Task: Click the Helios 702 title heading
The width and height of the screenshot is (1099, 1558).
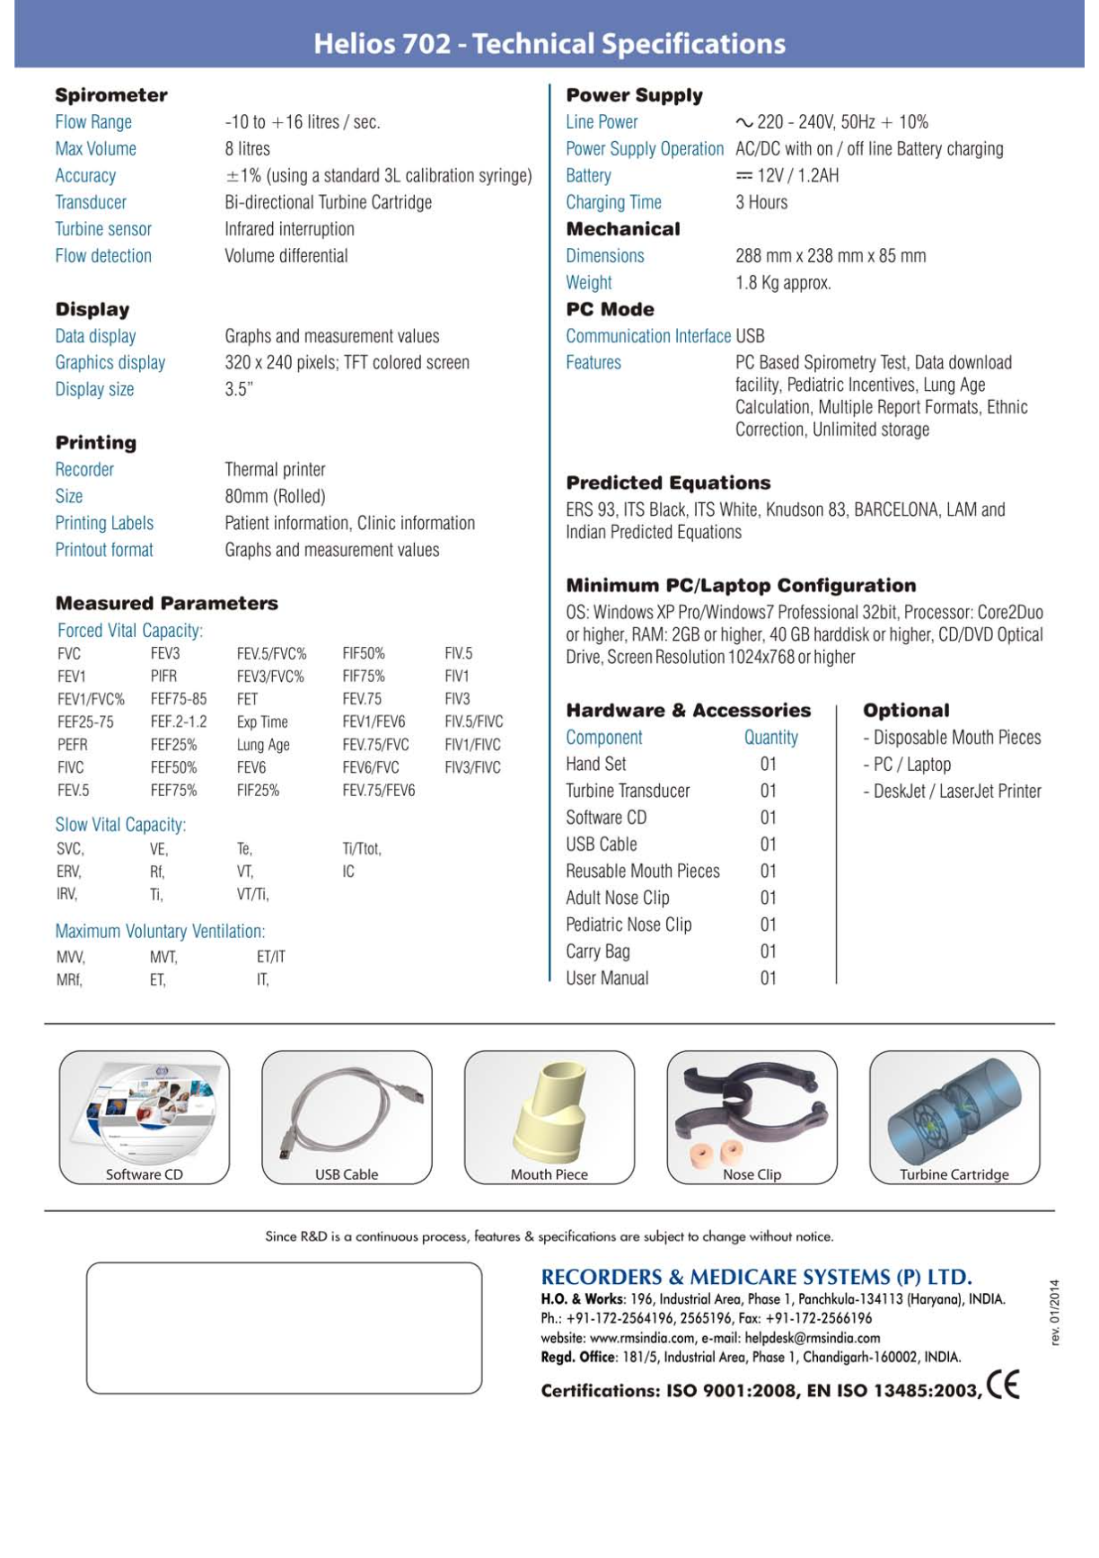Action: coord(549,43)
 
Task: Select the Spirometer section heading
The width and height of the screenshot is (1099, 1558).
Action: coord(111,95)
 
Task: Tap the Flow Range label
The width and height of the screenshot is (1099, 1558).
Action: coord(93,122)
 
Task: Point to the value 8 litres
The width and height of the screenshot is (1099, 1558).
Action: coord(247,149)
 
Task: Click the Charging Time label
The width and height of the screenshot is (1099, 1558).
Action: coord(613,203)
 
